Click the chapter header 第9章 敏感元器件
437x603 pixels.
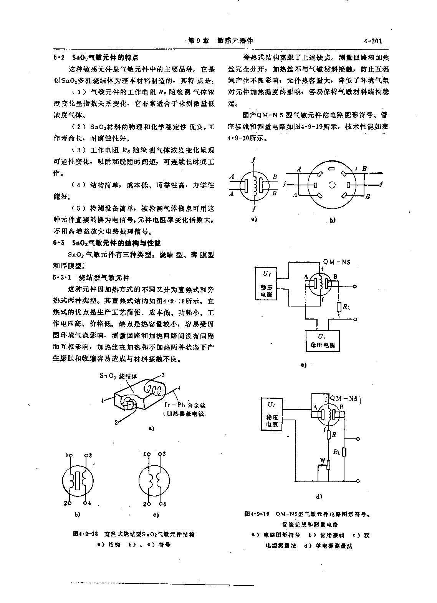220,41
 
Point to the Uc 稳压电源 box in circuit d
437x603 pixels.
272,413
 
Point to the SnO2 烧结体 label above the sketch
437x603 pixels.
118,376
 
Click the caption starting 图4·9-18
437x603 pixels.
134,534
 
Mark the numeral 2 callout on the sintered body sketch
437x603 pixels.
116,422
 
